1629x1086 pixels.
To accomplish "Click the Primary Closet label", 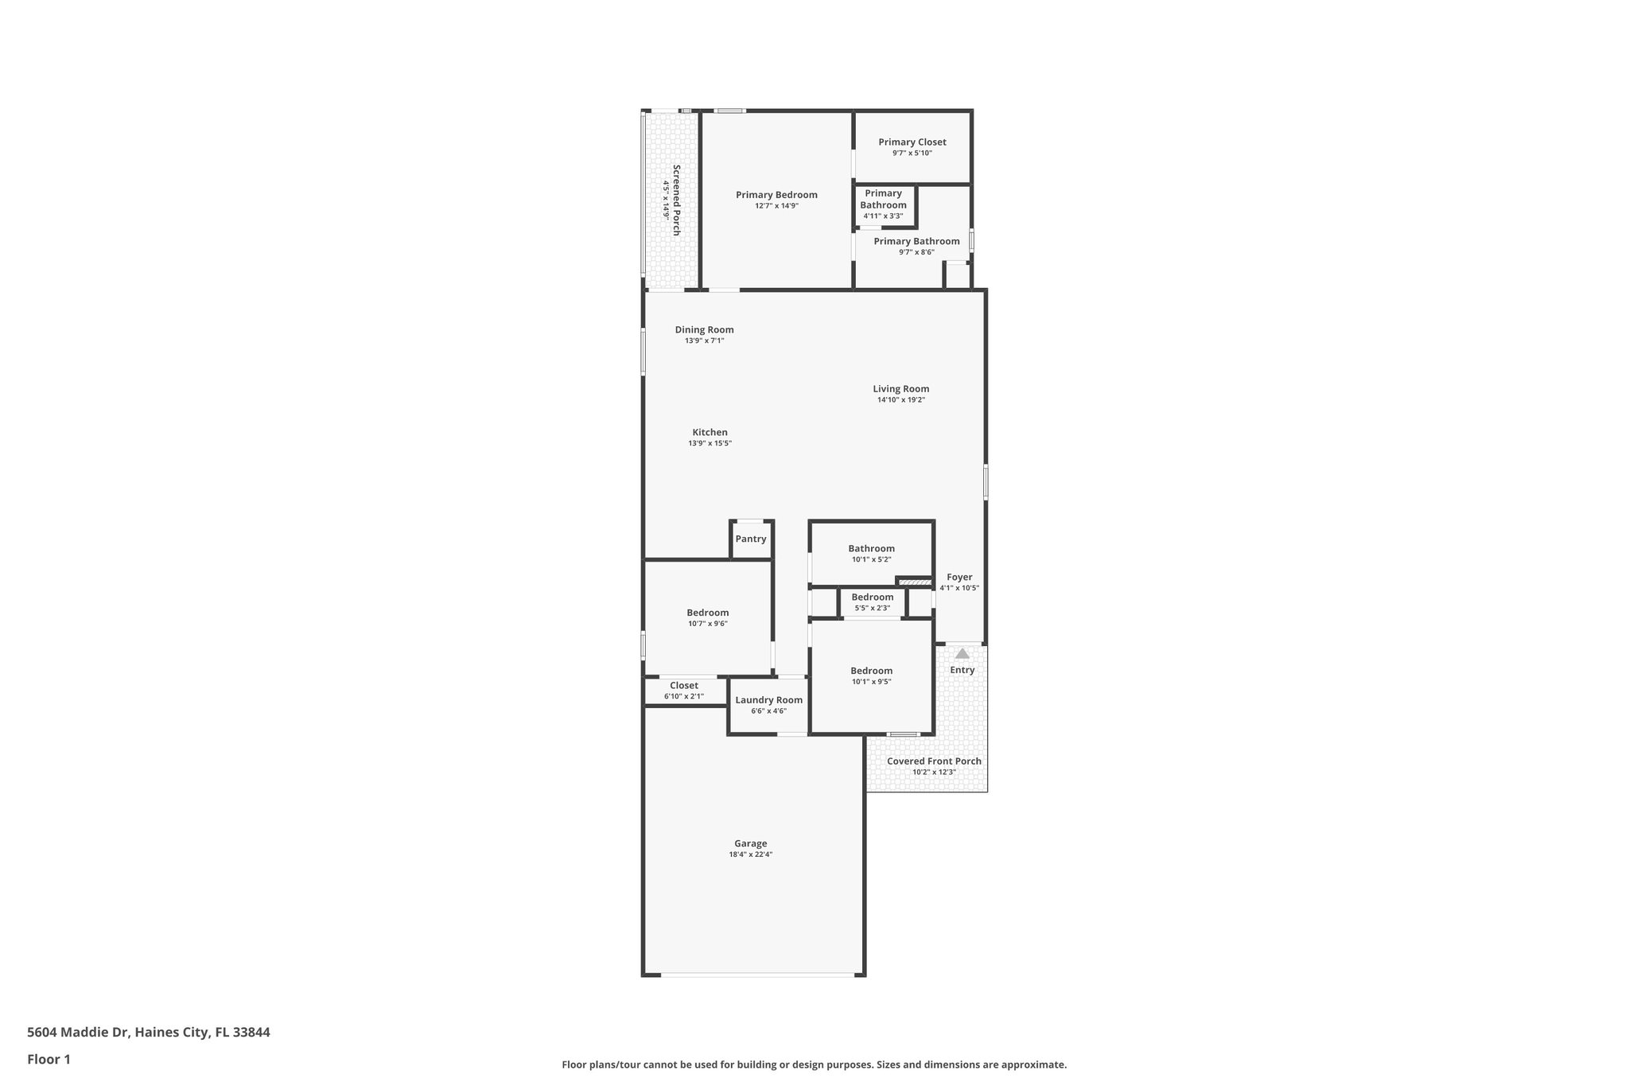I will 912,142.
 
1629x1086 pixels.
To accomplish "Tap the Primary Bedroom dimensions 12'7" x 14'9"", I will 776,206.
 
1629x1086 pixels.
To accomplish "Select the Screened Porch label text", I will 676,200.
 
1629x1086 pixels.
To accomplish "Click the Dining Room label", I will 704,329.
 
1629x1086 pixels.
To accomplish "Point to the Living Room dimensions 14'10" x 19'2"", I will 900,400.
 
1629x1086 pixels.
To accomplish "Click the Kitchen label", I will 710,433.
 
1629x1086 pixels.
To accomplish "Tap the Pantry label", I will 750,539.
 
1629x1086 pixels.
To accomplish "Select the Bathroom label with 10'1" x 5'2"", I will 871,549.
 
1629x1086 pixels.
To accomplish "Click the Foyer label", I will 959,578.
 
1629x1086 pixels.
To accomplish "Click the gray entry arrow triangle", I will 962,654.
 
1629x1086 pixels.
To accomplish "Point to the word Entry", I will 962,670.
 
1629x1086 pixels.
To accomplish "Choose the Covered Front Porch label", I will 934,761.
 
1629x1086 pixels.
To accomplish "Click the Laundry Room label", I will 768,700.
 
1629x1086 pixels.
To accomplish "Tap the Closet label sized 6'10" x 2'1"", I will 683,686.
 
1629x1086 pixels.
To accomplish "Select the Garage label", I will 750,843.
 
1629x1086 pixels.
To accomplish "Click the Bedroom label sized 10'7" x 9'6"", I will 707,613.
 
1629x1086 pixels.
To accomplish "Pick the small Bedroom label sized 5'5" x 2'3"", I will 872,597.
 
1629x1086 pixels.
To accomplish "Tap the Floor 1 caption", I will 49,1060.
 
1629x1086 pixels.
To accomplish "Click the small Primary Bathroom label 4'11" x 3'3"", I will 883,199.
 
